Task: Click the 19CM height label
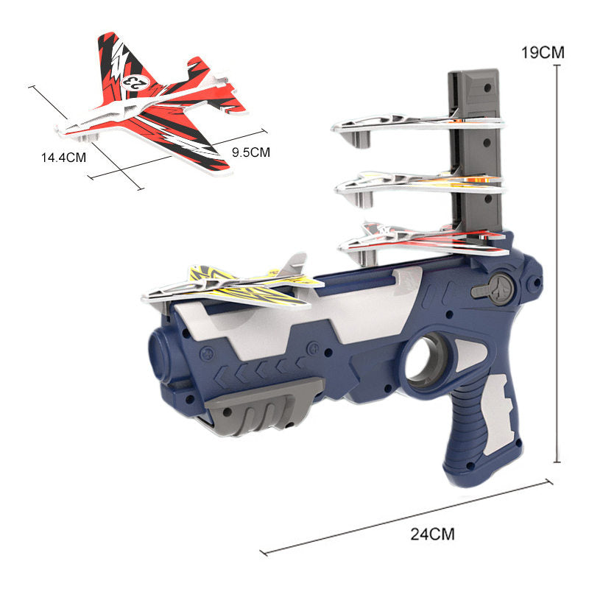(543, 52)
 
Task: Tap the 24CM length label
(432, 534)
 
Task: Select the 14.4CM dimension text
(63, 158)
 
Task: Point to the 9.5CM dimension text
(250, 152)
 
